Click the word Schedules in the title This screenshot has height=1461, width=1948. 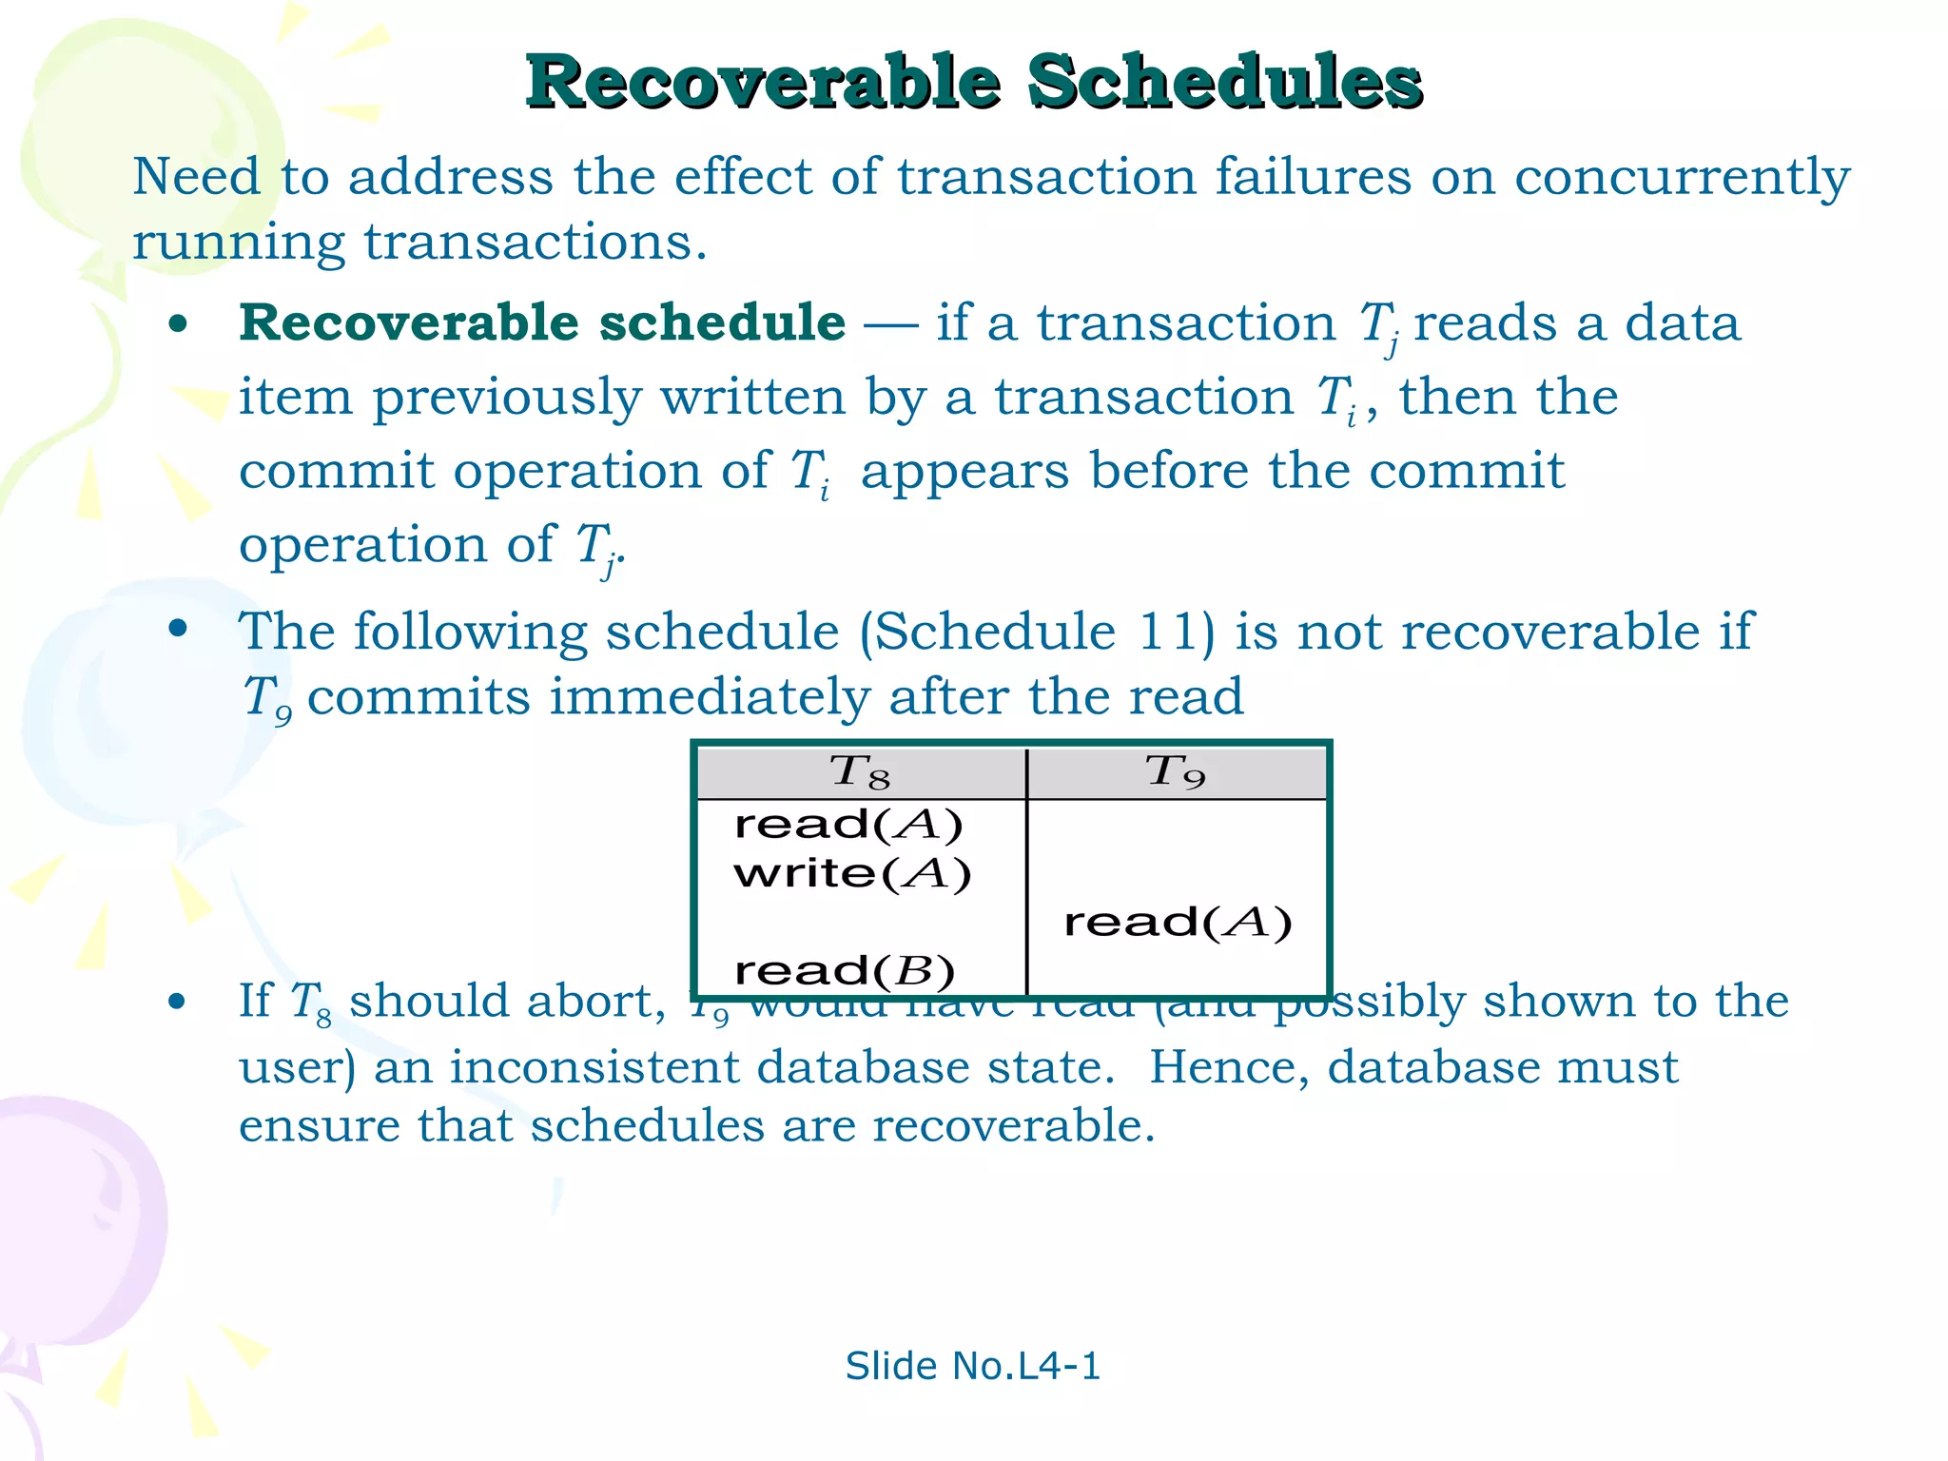pyautogui.click(x=1224, y=83)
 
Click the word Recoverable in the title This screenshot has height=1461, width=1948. pyautogui.click(x=764, y=83)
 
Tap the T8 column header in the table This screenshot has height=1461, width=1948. pyautogui.click(x=860, y=771)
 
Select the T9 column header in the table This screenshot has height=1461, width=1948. pyautogui.click(x=1176, y=771)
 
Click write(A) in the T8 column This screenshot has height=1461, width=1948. pyautogui.click(x=852, y=873)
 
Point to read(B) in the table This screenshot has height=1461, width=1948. pyautogui.click(x=845, y=971)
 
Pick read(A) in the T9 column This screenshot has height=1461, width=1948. pyautogui.click(x=1178, y=923)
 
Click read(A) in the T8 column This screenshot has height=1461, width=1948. pyautogui.click(x=848, y=825)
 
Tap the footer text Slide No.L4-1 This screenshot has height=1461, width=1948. pyautogui.click(x=972, y=1366)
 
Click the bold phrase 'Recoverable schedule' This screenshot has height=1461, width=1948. pyautogui.click(x=542, y=322)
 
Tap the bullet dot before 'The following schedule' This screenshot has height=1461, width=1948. pyautogui.click(x=178, y=629)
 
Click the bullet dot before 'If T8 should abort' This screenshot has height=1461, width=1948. pyautogui.click(x=177, y=1002)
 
